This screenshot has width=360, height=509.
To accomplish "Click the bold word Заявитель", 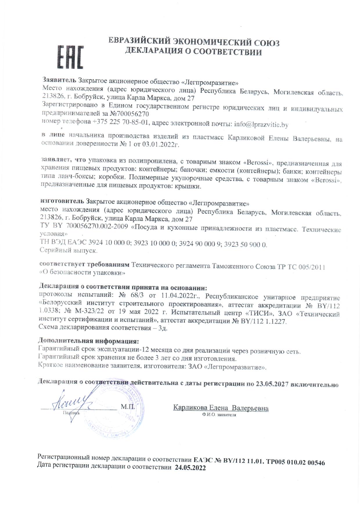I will coord(60,80).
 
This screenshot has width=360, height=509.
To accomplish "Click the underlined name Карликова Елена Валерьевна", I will coord(221,408).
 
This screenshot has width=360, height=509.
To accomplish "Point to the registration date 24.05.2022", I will coord(190,468).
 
